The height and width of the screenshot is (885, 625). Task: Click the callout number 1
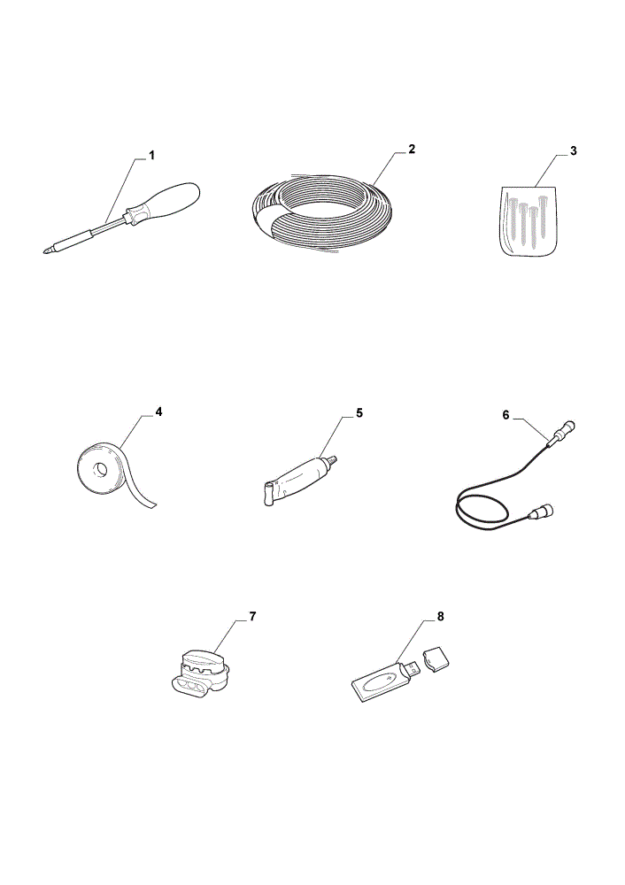(x=151, y=155)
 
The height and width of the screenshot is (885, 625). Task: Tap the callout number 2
(x=412, y=149)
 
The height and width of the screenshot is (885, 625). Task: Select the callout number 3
(x=573, y=150)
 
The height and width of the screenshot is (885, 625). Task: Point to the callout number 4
(x=158, y=412)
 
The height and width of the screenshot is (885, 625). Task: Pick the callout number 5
(x=359, y=413)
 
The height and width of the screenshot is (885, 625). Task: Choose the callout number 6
(x=505, y=415)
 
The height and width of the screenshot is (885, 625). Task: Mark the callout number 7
(x=252, y=616)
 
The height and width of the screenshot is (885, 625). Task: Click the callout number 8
(x=440, y=616)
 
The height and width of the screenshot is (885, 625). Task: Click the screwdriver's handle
(x=164, y=202)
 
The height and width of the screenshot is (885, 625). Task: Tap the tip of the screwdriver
(x=44, y=251)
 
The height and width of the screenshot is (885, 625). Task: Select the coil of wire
(x=322, y=212)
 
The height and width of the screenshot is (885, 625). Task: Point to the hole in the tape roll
(x=102, y=469)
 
